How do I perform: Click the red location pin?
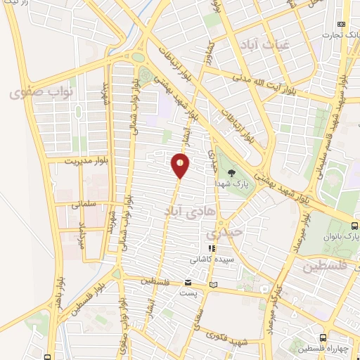click(x=180, y=165)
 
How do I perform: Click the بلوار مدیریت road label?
click(x=70, y=161)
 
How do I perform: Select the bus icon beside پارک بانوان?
click(x=354, y=226)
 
